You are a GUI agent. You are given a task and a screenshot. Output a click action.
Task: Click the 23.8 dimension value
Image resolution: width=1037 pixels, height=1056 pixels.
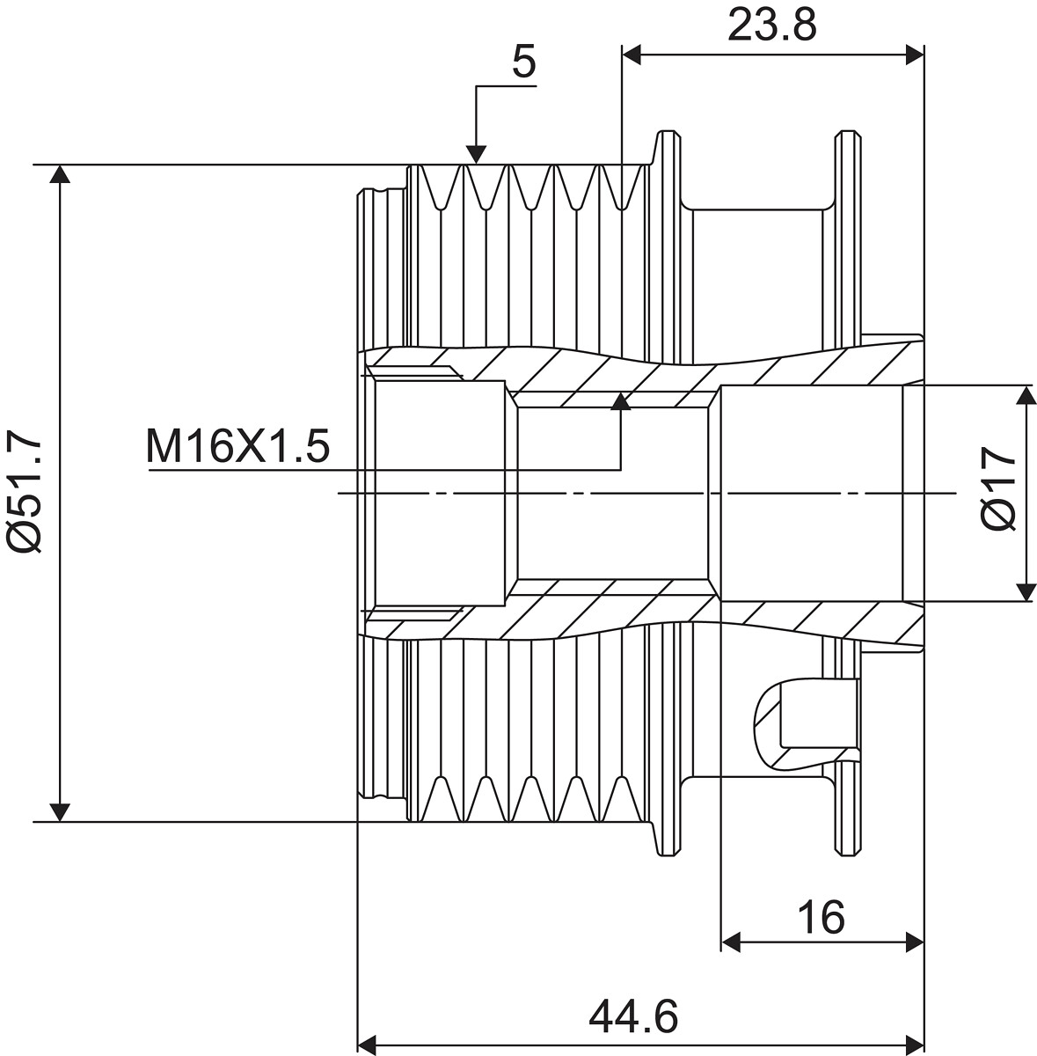(x=771, y=25)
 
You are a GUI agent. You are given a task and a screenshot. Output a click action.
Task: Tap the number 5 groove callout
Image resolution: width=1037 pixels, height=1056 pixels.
(x=524, y=63)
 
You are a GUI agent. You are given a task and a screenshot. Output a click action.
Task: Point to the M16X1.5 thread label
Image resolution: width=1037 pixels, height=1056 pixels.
(x=237, y=446)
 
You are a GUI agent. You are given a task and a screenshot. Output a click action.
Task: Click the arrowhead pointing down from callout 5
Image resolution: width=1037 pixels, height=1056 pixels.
(x=477, y=155)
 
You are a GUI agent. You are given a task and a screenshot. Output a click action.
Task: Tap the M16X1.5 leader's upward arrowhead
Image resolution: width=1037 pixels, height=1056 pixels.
(x=621, y=401)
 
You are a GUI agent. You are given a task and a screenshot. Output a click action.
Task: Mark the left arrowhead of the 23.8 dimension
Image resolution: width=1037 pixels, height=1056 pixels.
(x=632, y=55)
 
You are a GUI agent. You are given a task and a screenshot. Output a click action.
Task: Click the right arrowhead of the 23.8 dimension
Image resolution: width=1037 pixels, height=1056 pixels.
(x=915, y=55)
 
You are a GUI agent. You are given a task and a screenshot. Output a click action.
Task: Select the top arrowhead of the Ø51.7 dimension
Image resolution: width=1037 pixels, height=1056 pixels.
(x=60, y=173)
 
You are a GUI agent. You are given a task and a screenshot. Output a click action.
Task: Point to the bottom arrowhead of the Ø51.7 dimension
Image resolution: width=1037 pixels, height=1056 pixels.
(x=60, y=813)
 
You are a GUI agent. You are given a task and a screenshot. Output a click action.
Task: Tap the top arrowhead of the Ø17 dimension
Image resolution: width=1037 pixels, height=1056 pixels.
(x=1026, y=394)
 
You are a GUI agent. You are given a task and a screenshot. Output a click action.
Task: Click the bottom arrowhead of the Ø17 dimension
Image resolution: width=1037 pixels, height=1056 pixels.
(x=1026, y=592)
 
